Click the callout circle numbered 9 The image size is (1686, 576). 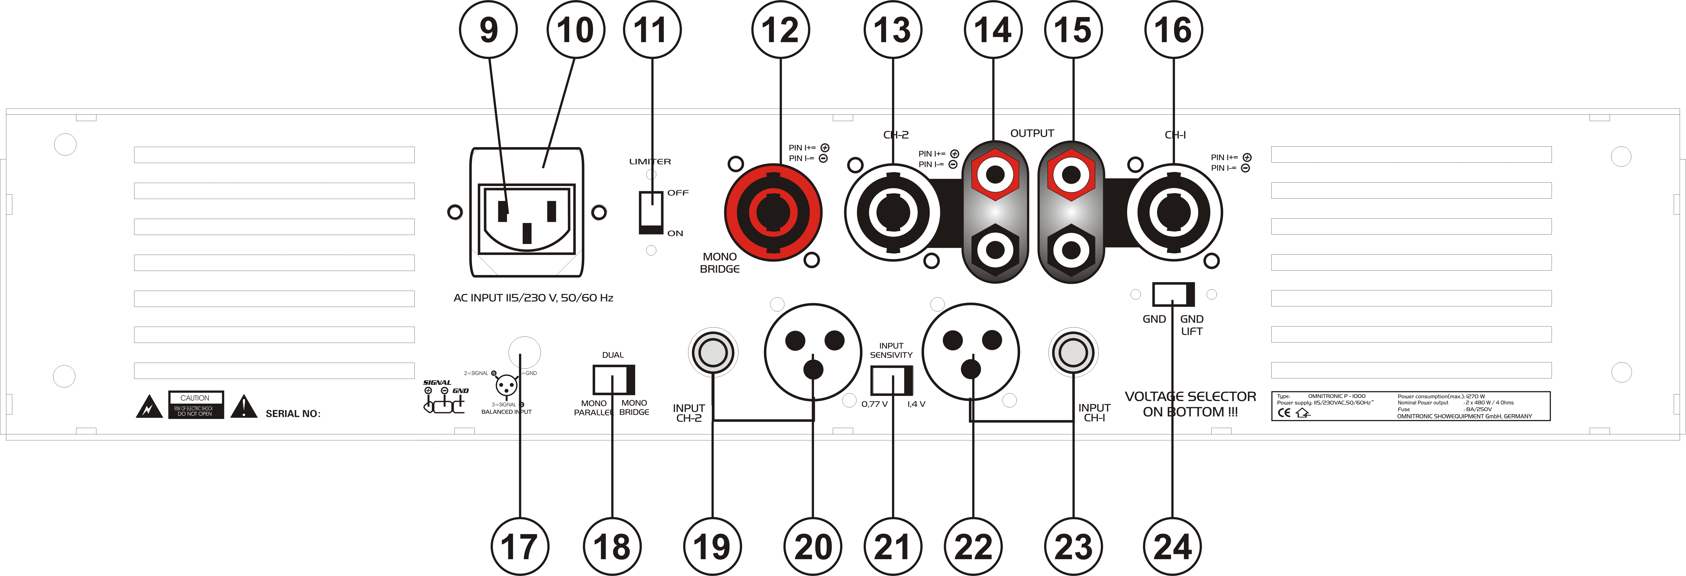[x=488, y=30]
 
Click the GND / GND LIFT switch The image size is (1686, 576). [x=1173, y=294]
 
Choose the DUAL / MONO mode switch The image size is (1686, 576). [x=613, y=379]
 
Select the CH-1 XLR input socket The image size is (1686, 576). [x=971, y=351]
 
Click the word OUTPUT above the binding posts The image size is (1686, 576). [x=1032, y=133]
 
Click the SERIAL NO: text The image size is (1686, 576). [x=293, y=413]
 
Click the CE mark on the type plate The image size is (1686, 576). [x=1284, y=413]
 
